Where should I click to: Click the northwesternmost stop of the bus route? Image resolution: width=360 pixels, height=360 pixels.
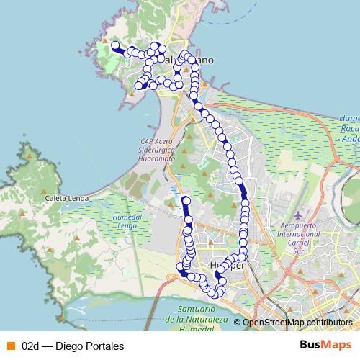pos(114,45)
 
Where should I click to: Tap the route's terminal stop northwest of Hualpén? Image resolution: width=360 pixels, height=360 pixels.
pos(186,200)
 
